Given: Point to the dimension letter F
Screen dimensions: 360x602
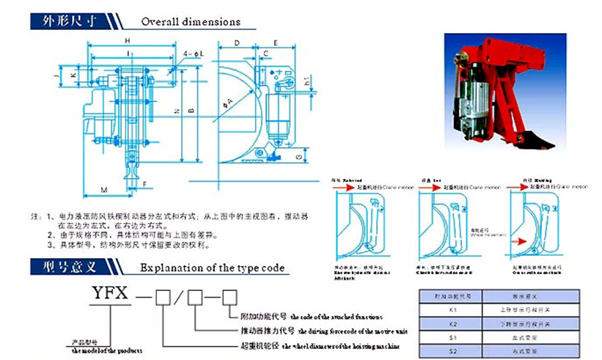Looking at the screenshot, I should pos(146,183).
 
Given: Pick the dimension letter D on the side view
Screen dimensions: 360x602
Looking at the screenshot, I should pos(237,44).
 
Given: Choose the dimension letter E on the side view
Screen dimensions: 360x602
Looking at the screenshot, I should pos(274,44).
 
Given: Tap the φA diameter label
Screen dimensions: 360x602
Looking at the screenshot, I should pos(229,101).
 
